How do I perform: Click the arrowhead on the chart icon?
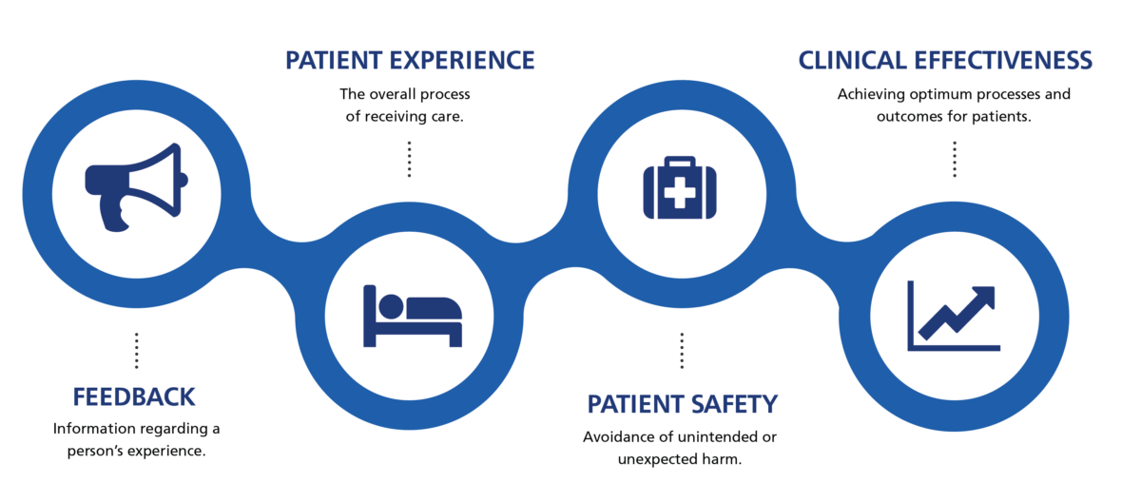coord(985,296)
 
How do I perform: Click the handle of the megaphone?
coord(117,214)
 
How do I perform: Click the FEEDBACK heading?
coord(134,396)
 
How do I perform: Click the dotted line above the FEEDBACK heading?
coord(136,350)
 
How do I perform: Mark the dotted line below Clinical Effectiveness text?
coord(954,159)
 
